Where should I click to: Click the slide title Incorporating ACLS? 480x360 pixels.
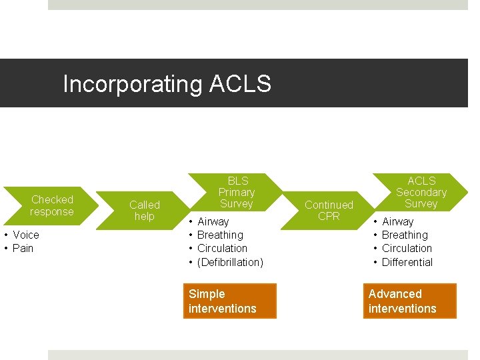(167, 85)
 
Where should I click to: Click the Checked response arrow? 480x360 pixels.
(52, 205)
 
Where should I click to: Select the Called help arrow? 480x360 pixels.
(145, 210)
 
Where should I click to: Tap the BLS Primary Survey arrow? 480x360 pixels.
(237, 192)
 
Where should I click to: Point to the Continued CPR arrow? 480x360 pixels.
(329, 210)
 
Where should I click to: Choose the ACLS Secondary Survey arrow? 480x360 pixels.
(421, 192)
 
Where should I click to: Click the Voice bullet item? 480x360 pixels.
(26, 235)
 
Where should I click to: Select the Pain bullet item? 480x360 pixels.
(23, 248)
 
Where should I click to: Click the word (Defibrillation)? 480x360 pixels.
(231, 262)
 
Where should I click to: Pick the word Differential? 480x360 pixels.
(407, 262)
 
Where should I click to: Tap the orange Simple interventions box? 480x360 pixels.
(229, 301)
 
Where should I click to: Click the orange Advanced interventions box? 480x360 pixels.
(409, 301)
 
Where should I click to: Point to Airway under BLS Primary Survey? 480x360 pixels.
(213, 221)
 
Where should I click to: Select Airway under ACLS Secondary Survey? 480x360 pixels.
(398, 221)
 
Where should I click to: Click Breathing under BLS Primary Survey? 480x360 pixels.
(221, 235)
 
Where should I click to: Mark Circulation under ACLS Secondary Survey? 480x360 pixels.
(407, 248)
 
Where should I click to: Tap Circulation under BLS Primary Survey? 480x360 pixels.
(223, 248)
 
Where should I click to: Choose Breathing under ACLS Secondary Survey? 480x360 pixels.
(405, 235)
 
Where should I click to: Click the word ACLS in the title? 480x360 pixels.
(240, 85)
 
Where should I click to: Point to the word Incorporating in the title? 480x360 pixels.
(133, 85)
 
